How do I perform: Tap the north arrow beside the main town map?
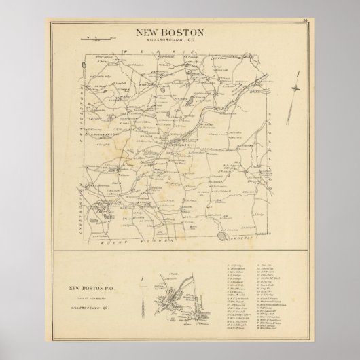coord(294,88)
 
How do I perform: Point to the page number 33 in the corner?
coord(306,25)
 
